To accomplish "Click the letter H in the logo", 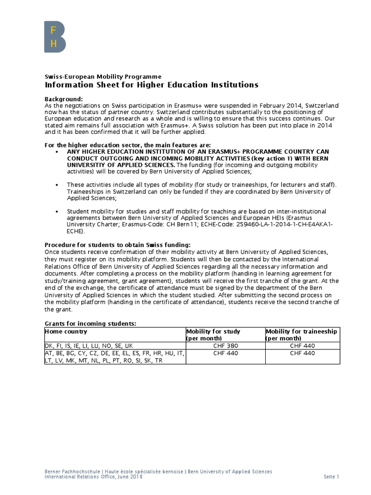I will click(54, 44).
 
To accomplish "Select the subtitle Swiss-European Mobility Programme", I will click(103, 76).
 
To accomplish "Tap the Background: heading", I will click(60, 99).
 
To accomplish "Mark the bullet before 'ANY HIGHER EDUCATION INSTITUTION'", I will click(57, 152).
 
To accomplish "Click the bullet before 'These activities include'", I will click(57, 185).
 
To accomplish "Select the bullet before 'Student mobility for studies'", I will click(57, 212).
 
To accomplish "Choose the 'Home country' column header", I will click(66, 332).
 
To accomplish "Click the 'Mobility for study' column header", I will click(214, 332).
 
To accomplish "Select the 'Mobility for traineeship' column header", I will click(301, 332).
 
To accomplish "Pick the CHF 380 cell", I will click(225, 346).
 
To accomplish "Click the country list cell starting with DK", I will click(88, 346).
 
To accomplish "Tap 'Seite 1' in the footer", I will click(331, 477).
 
